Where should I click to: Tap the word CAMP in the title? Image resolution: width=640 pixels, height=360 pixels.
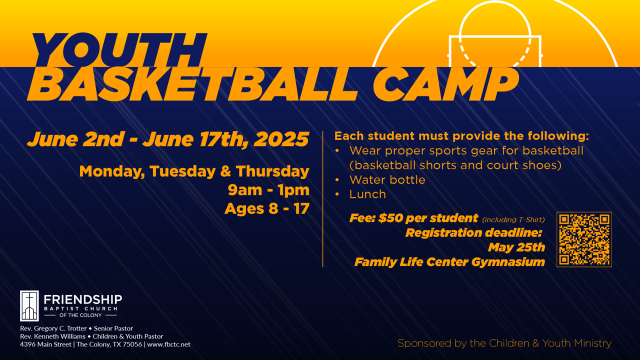pos(445,84)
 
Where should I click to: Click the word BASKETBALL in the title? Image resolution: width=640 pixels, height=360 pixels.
pos(192,84)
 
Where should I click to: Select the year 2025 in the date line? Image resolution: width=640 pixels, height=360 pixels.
pos(281,139)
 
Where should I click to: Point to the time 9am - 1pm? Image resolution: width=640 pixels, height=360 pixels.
pos(268,190)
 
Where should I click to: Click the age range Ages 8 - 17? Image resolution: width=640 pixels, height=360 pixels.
pos(267,208)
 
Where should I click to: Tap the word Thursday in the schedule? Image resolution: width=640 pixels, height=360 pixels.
pos(272,171)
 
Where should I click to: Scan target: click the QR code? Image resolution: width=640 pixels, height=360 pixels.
pos(584,239)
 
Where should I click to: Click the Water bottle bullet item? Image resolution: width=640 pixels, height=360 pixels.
pos(387,180)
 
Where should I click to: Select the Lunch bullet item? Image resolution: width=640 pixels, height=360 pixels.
pos(367,194)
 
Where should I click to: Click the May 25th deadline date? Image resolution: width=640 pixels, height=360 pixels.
pos(516,247)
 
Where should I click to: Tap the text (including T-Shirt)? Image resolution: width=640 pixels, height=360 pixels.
pos(513,219)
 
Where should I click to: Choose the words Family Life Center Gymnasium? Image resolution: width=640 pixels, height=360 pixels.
pos(449,262)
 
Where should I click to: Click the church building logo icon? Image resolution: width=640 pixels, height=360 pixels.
pos(29,305)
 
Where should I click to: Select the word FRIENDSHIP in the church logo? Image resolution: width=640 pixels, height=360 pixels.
pos(83,299)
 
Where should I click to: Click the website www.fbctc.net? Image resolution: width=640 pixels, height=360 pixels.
pos(168,344)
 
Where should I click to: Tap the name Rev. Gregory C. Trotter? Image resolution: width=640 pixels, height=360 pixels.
pos(53,328)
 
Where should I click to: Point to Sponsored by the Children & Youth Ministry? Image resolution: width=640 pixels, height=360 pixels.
pos(504,343)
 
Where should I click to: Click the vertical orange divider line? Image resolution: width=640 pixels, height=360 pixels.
pos(323,199)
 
